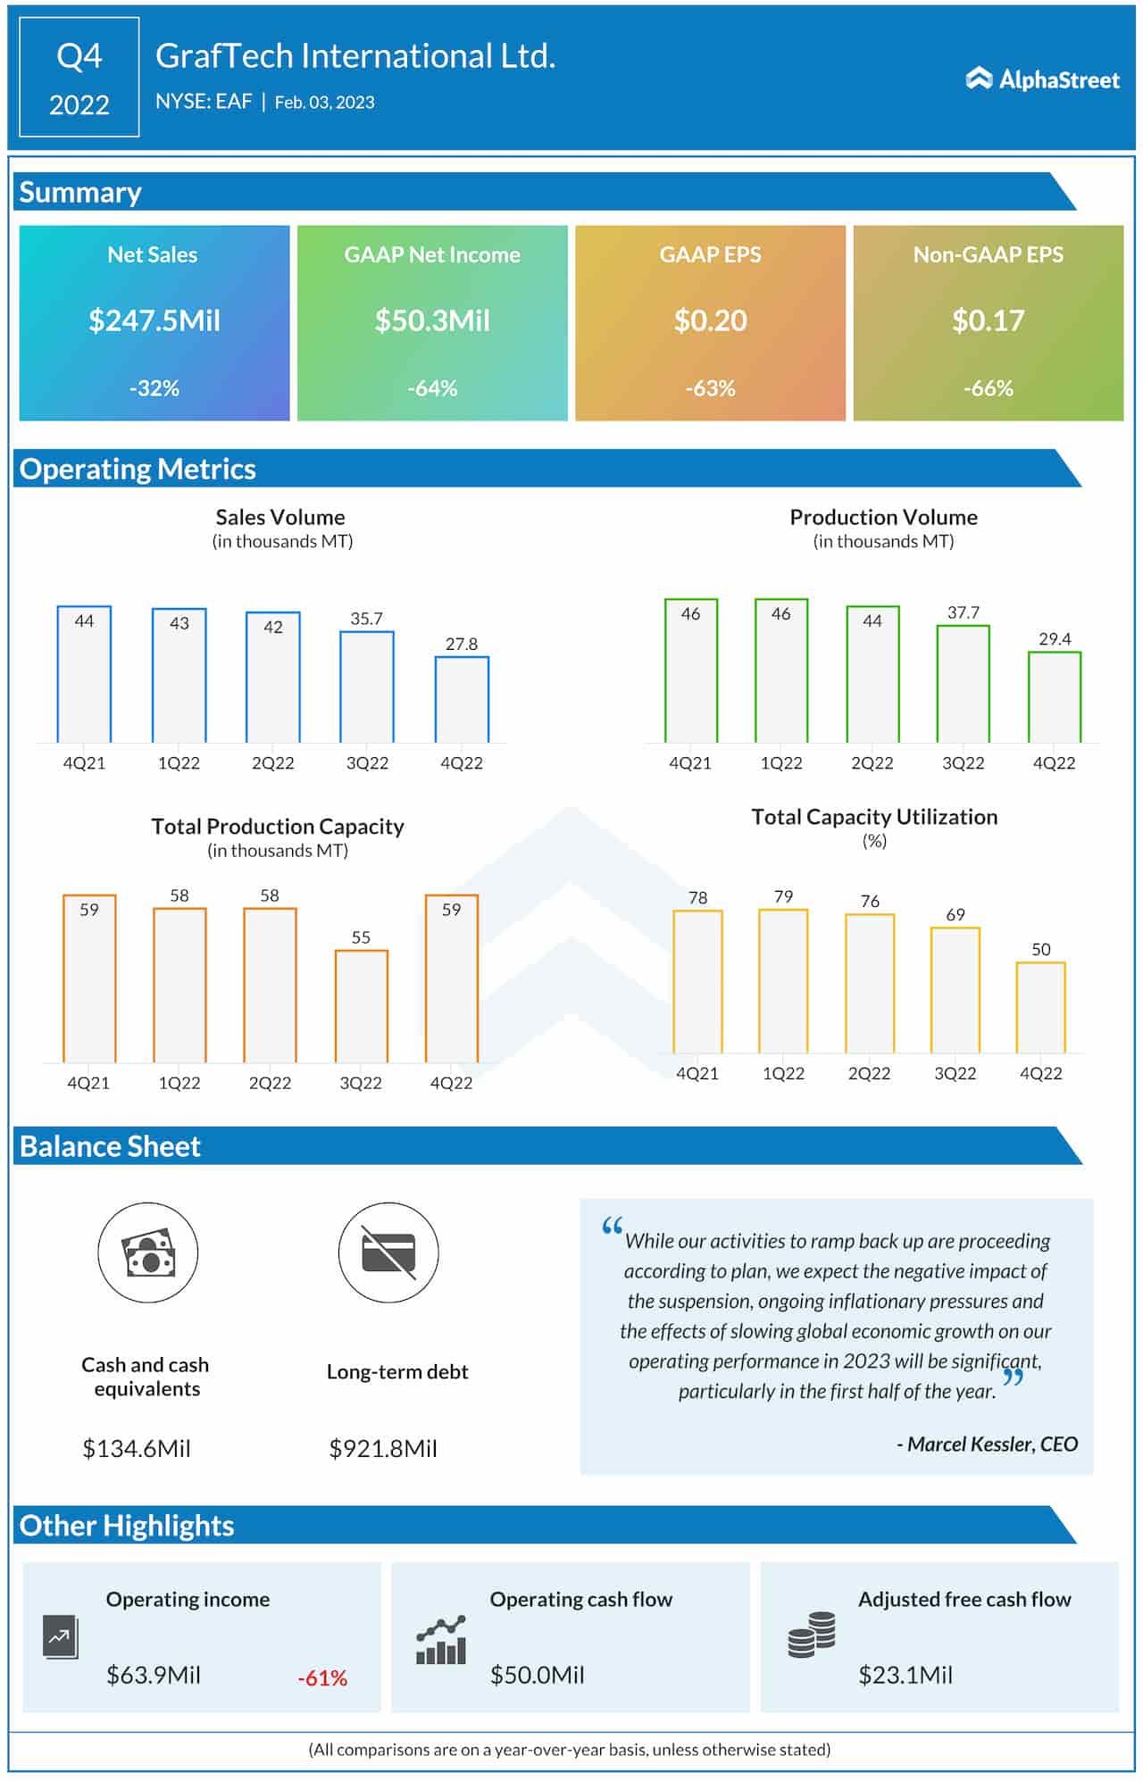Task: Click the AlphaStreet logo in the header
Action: pyautogui.click(x=1042, y=79)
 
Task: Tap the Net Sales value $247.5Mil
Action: pyautogui.click(x=154, y=320)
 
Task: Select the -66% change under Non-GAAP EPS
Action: pyautogui.click(x=988, y=388)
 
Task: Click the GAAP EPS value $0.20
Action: pyautogui.click(x=710, y=320)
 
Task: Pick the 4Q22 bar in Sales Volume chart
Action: pyautogui.click(x=462, y=700)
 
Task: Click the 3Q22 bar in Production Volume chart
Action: pyautogui.click(x=963, y=684)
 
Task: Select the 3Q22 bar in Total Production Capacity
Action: pyautogui.click(x=361, y=1006)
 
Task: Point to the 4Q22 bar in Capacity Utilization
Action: pyautogui.click(x=1040, y=1008)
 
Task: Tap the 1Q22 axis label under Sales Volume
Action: pyautogui.click(x=179, y=763)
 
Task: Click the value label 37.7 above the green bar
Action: pyautogui.click(x=963, y=612)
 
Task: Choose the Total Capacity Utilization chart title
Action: pyautogui.click(x=874, y=817)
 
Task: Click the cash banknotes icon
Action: pyautogui.click(x=147, y=1253)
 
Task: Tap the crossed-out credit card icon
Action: pyautogui.click(x=388, y=1253)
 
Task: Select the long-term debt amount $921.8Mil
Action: pyautogui.click(x=383, y=1448)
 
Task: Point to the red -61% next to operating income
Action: pyautogui.click(x=322, y=1678)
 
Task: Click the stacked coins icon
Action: pyautogui.click(x=811, y=1635)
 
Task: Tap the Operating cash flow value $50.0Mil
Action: pyautogui.click(x=537, y=1675)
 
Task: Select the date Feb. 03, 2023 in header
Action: pyautogui.click(x=324, y=103)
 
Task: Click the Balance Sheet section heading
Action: pyautogui.click(x=110, y=1146)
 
